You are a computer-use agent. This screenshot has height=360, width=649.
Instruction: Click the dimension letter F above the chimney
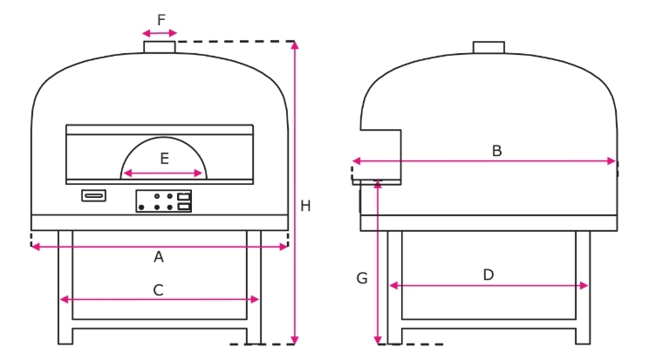click(161, 20)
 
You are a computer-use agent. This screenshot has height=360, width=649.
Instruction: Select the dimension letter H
click(305, 206)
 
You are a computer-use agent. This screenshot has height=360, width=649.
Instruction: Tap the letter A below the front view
click(159, 257)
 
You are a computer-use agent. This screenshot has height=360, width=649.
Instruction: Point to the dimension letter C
click(158, 290)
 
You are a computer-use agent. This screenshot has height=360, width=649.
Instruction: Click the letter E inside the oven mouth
click(164, 159)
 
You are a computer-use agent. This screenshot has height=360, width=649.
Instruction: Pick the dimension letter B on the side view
click(496, 151)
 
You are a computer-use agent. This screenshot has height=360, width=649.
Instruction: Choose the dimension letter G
click(362, 278)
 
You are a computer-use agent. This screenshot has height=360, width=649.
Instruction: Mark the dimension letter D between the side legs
click(488, 275)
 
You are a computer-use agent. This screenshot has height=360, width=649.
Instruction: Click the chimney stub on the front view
click(160, 47)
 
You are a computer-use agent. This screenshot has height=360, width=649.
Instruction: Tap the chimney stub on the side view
click(488, 47)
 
